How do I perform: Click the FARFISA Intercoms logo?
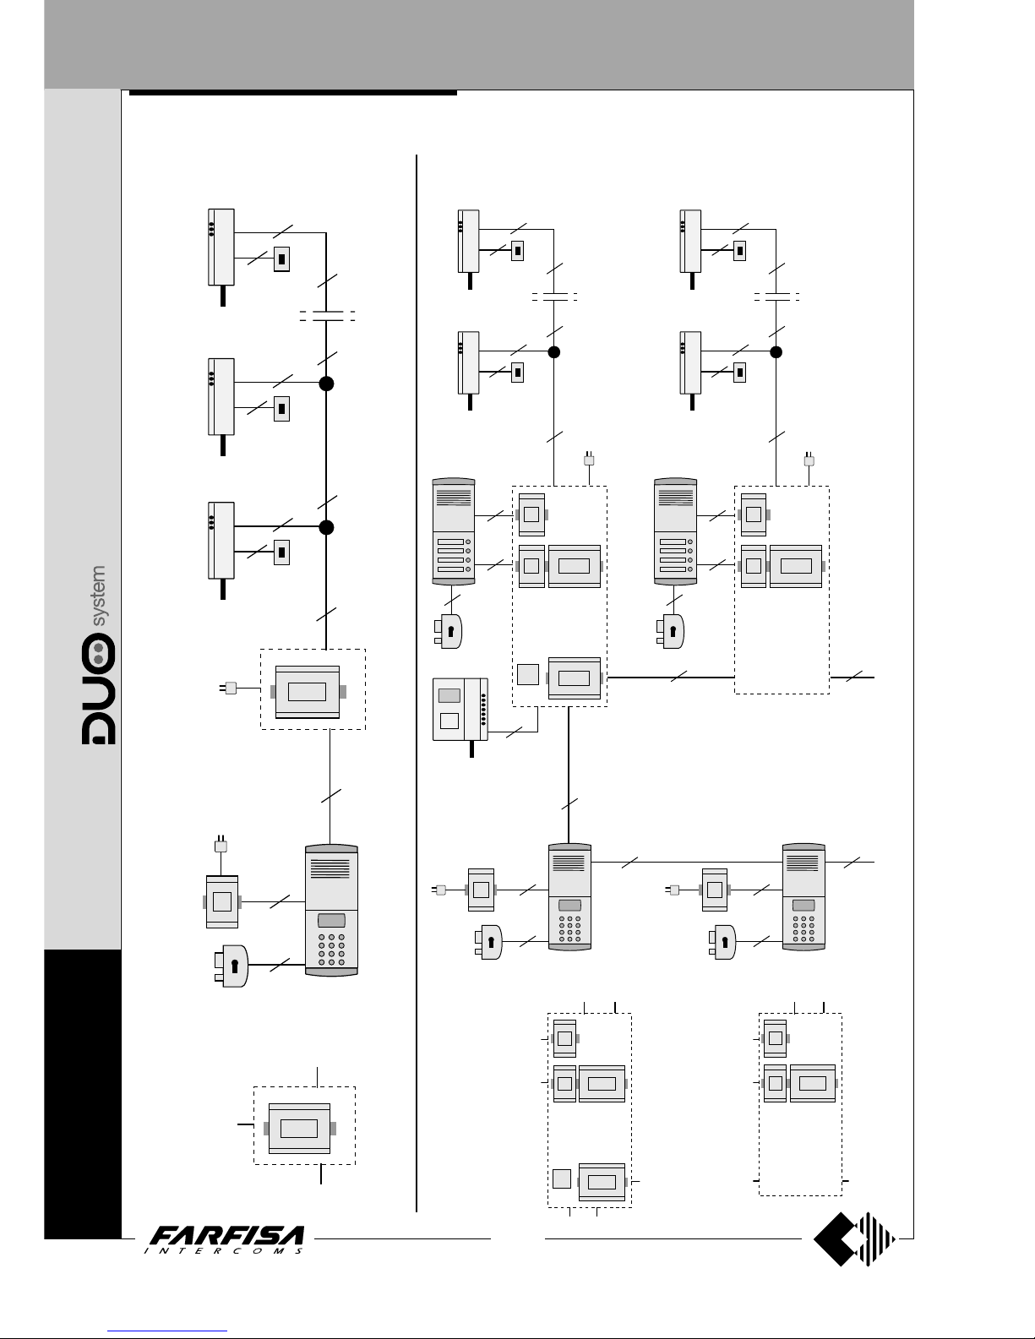coord(225,1239)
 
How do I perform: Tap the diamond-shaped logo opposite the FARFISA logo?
coord(854,1239)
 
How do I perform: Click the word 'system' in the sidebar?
coord(99,596)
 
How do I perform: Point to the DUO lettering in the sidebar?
coord(99,689)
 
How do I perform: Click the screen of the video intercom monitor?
coord(449,695)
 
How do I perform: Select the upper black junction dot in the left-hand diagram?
coord(326,384)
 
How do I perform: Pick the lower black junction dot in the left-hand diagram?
coord(326,527)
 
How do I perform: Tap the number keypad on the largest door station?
coord(331,950)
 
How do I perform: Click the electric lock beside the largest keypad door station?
coord(231,966)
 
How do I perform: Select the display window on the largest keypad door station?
coord(331,921)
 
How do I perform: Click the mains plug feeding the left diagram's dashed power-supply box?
coord(228,688)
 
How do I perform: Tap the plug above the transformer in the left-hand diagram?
coord(221,844)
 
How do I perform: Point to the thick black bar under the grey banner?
coord(292,93)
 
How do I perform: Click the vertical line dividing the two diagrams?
coord(417,683)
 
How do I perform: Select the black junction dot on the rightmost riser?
coord(776,351)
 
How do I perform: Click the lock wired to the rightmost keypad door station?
coord(722,942)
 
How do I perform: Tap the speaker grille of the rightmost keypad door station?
coord(803,863)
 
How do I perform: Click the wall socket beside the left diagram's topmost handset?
coord(281,259)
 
